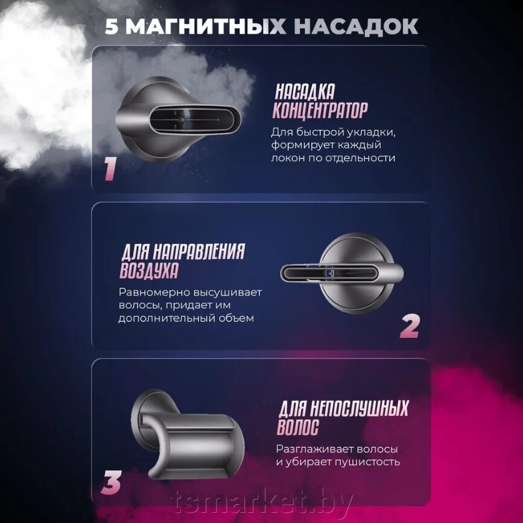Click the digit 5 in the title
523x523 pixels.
(112, 27)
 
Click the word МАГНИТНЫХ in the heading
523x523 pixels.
(206, 27)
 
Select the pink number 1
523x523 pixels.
(110, 169)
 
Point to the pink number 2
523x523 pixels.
(410, 326)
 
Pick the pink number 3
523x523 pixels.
(111, 483)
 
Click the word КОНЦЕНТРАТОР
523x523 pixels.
(320, 110)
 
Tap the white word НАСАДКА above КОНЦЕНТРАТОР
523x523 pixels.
(305, 92)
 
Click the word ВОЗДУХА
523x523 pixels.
(149, 270)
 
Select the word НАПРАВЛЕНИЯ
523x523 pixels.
(199, 252)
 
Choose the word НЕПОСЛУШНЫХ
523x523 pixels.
(360, 408)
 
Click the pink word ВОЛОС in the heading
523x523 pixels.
(298, 427)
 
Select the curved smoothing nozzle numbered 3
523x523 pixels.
(188, 434)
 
